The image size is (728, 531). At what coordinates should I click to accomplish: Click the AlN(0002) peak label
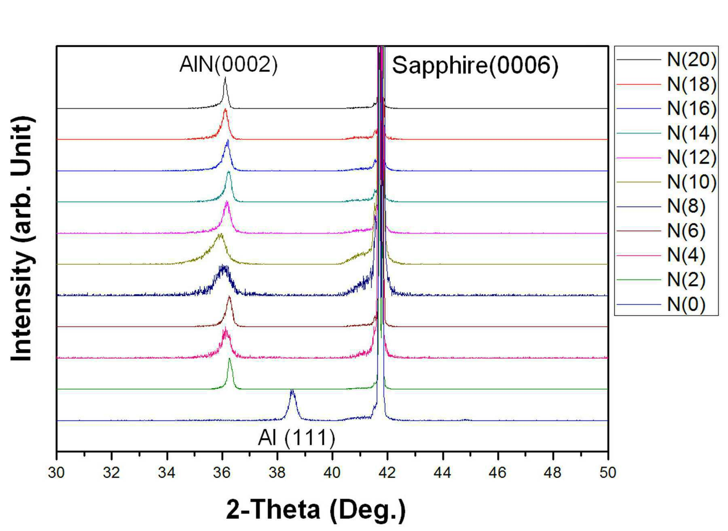point(229,65)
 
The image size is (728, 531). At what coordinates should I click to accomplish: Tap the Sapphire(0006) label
point(475,65)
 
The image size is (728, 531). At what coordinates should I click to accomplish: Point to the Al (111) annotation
point(296,438)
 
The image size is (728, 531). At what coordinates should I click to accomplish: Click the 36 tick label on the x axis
point(222,472)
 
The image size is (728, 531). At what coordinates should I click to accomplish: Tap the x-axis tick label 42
point(387,472)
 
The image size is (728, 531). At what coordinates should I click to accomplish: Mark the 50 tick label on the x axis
point(608,472)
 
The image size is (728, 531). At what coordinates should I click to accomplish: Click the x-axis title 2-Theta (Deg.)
point(315,510)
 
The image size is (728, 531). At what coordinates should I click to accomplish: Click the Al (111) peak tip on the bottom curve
point(292,390)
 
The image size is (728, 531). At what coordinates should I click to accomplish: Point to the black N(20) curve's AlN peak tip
point(225,78)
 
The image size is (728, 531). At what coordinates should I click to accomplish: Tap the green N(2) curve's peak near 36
point(229,359)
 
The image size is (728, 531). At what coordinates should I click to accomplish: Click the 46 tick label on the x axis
point(497,472)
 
